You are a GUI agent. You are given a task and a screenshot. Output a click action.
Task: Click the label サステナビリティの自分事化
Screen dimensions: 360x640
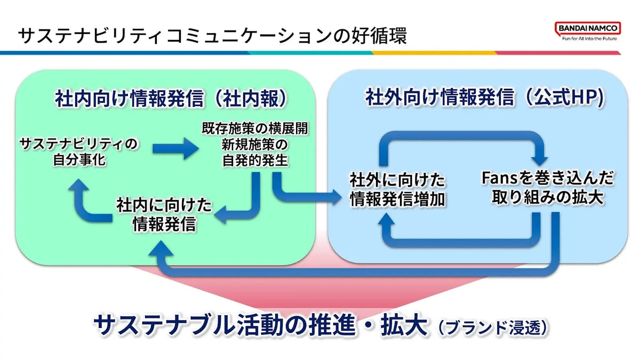click(78, 151)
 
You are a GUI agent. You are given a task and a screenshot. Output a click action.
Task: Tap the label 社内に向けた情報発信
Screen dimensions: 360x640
click(164, 214)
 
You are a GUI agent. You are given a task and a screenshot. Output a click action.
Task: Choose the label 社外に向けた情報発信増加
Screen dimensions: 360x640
click(397, 189)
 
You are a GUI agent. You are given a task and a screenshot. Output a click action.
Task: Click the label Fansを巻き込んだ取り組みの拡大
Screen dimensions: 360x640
click(546, 188)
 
